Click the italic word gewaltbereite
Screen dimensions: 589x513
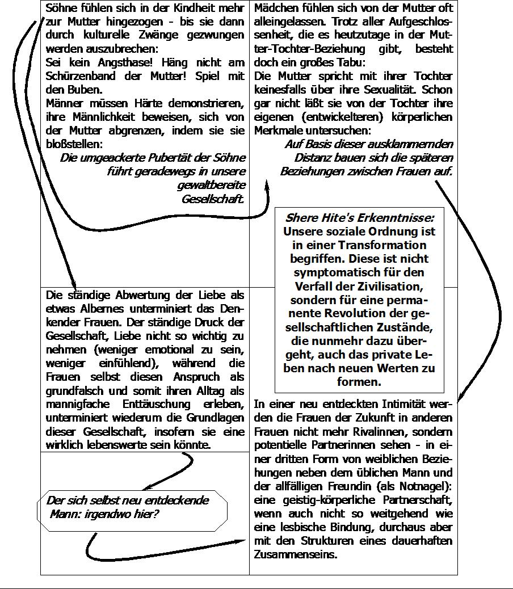coord(211,186)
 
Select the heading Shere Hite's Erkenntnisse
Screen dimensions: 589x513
coord(359,218)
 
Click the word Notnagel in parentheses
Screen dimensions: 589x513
coord(421,486)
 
